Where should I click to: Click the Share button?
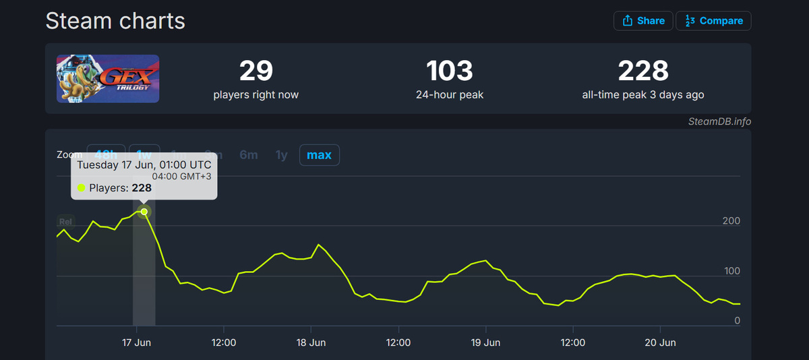point(643,21)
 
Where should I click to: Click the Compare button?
point(713,21)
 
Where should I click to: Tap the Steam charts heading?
point(115,21)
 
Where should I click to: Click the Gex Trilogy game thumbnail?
point(108,78)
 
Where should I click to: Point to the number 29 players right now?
point(256,71)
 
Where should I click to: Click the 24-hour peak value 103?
point(450,71)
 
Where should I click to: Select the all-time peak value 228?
point(642,71)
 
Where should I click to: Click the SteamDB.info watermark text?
point(719,122)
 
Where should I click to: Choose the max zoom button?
point(319,155)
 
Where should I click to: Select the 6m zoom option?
point(248,155)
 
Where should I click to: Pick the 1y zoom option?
point(282,155)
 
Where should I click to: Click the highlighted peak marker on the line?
point(144,212)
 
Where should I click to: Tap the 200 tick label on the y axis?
point(731,221)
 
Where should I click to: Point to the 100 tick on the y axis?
point(731,272)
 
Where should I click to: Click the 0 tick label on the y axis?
point(737,321)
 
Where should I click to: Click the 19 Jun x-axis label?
point(485,342)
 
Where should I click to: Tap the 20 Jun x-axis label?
point(660,342)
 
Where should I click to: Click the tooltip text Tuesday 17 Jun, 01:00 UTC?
point(144,165)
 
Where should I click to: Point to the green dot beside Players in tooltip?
point(82,188)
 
